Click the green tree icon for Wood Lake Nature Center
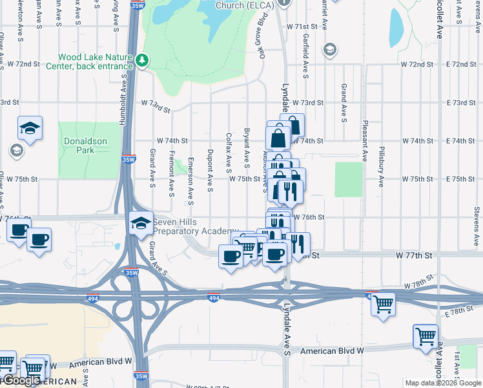click(141, 61)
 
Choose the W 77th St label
click(414, 256)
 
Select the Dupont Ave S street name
click(210, 171)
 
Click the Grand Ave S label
click(344, 102)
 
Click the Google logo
click(21, 381)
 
